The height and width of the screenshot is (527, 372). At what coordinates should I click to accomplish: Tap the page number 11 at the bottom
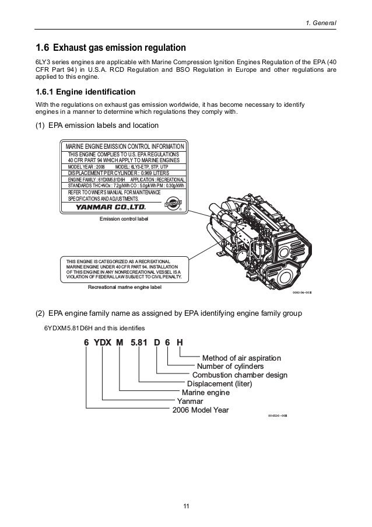coord(185,505)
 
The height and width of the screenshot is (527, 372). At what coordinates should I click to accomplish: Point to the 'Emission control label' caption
coord(125,219)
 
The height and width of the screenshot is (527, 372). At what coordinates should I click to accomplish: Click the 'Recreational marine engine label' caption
coord(124,287)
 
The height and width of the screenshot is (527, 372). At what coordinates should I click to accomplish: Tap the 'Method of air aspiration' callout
coord(241,357)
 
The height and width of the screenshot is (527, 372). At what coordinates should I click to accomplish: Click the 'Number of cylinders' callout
coord(230,366)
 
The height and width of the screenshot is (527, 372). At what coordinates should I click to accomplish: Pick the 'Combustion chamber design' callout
coord(240,375)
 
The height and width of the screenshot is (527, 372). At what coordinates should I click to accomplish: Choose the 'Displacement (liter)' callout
coord(219,384)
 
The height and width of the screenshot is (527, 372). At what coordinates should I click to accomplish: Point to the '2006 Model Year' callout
coord(201,410)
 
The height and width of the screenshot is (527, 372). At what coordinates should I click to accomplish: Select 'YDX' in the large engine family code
coord(103,342)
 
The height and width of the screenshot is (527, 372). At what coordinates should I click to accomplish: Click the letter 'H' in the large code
coord(180,342)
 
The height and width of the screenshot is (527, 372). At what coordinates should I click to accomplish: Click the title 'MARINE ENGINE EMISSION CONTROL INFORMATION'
coord(125,146)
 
